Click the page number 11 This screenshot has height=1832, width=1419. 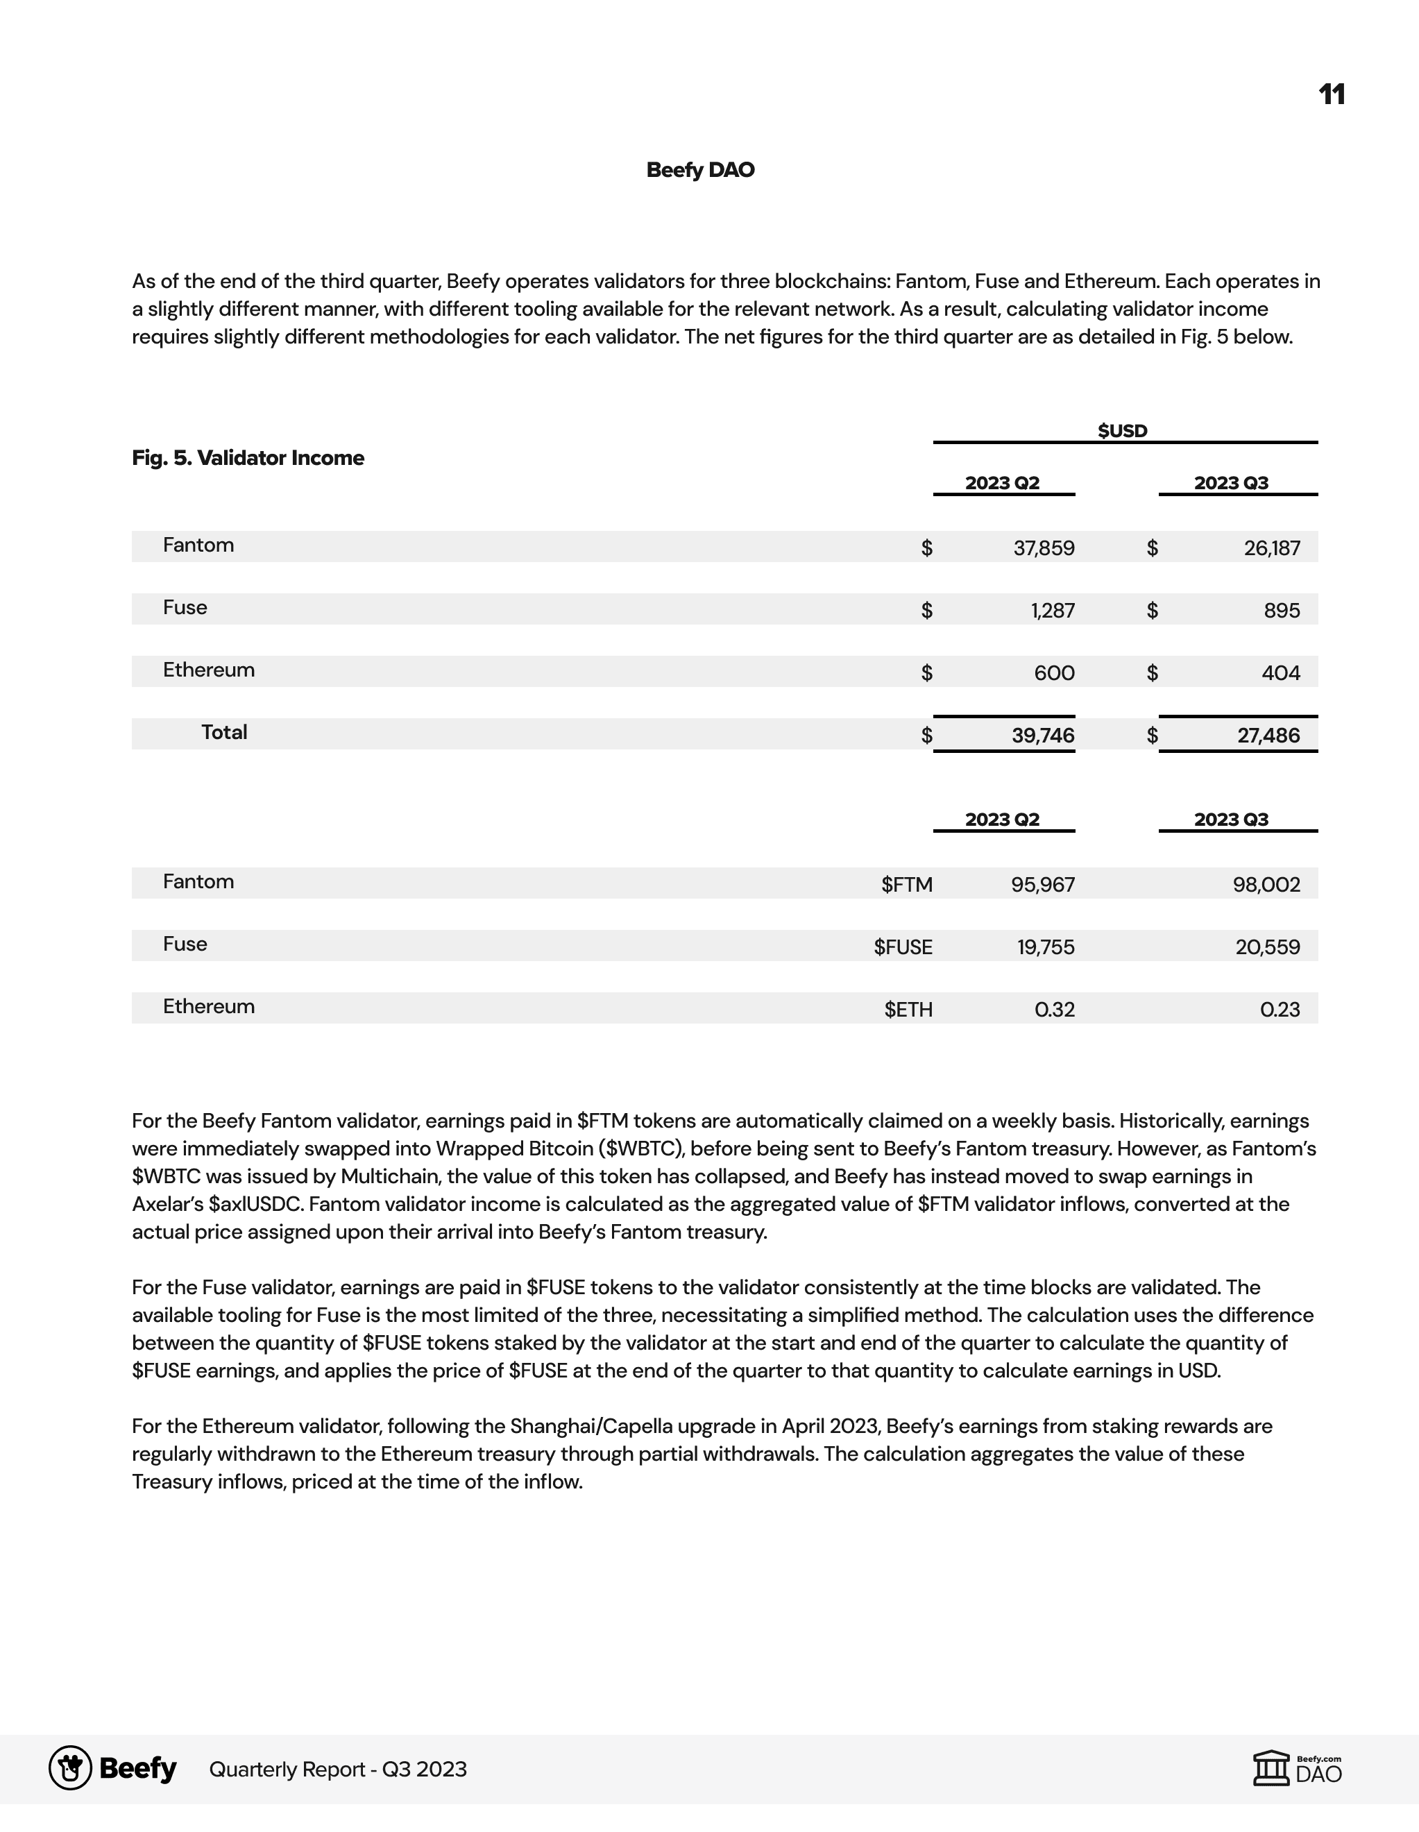tap(1331, 95)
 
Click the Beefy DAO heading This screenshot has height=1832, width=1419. tap(700, 170)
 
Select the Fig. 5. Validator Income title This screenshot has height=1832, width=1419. tap(248, 458)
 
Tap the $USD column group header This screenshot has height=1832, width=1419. tap(1122, 431)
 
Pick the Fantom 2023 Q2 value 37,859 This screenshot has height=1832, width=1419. tap(1044, 549)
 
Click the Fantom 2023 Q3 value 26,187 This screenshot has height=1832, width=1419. tap(1271, 549)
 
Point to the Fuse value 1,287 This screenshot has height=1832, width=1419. tap(1053, 611)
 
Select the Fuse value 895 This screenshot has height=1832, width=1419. tap(1282, 611)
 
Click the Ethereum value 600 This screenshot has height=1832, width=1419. tap(1054, 672)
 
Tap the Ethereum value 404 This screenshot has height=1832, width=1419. tap(1281, 672)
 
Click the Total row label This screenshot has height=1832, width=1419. tap(224, 732)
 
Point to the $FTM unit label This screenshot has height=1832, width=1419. tap(907, 885)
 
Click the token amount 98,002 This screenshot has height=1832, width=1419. tap(1266, 885)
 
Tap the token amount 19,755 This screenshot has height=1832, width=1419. tap(1046, 947)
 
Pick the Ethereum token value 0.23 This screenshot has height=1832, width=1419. tap(1280, 1009)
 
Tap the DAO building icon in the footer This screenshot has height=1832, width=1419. tap(1271, 1769)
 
